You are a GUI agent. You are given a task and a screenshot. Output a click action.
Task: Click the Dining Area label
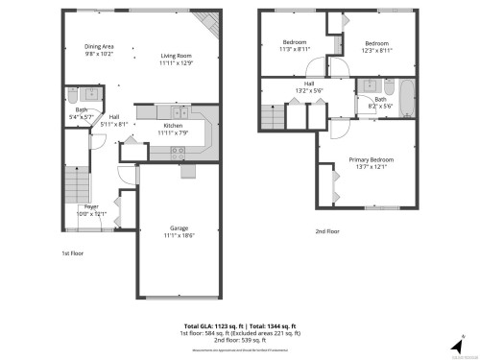click(x=100, y=46)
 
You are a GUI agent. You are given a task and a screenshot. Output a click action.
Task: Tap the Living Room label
click(x=177, y=56)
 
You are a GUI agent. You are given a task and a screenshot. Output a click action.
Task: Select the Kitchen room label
click(x=173, y=126)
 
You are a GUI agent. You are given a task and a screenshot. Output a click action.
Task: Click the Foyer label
click(x=91, y=207)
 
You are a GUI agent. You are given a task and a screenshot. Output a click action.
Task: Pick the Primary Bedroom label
click(x=370, y=159)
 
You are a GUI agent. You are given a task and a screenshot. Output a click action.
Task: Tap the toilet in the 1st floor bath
click(x=72, y=95)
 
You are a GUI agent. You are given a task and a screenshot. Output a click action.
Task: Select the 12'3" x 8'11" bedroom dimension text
click(x=375, y=50)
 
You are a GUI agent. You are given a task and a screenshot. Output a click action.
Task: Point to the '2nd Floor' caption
click(x=327, y=230)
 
